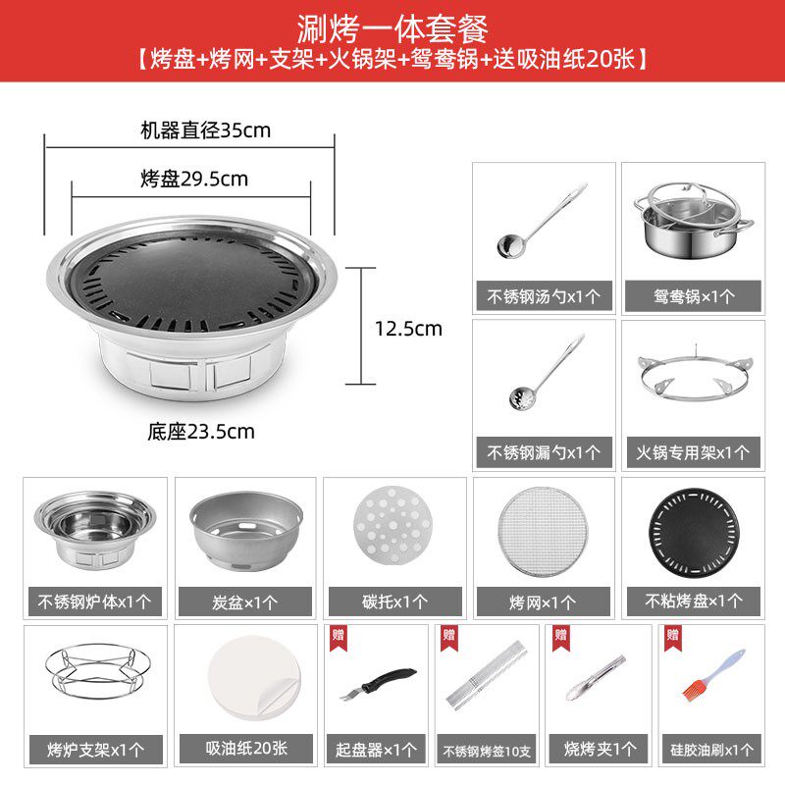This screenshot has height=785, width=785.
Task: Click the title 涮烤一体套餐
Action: pyautogui.click(x=392, y=28)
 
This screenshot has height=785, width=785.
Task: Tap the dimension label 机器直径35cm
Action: pyautogui.click(x=205, y=131)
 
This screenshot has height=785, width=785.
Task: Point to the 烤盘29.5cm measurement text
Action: pyautogui.click(x=194, y=179)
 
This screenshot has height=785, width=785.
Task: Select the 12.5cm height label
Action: pyautogui.click(x=408, y=329)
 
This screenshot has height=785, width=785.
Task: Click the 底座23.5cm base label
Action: pyautogui.click(x=201, y=432)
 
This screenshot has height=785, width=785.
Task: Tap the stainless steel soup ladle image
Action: pyautogui.click(x=542, y=221)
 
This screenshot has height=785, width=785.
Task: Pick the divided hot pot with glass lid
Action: pyautogui.click(x=694, y=220)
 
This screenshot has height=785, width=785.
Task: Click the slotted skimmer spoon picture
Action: pyautogui.click(x=547, y=371)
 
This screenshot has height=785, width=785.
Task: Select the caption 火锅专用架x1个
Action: pyautogui.click(x=693, y=453)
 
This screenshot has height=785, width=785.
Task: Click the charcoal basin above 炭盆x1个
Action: pyautogui.click(x=246, y=531)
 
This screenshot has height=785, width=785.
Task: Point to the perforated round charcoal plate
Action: pyautogui.click(x=392, y=526)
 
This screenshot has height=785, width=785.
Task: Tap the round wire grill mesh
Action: pyautogui.click(x=544, y=532)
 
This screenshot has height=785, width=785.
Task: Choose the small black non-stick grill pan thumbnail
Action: pyautogui.click(x=694, y=531)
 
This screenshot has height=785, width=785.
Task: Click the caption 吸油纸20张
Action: pyautogui.click(x=246, y=749)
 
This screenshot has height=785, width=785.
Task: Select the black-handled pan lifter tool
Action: pyautogui.click(x=378, y=683)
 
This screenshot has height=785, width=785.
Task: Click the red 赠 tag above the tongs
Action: pyautogui.click(x=560, y=638)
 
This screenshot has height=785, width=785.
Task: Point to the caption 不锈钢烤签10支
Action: pyautogui.click(x=487, y=751)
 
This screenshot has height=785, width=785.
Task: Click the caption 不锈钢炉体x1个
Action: pyautogui.click(x=94, y=602)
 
